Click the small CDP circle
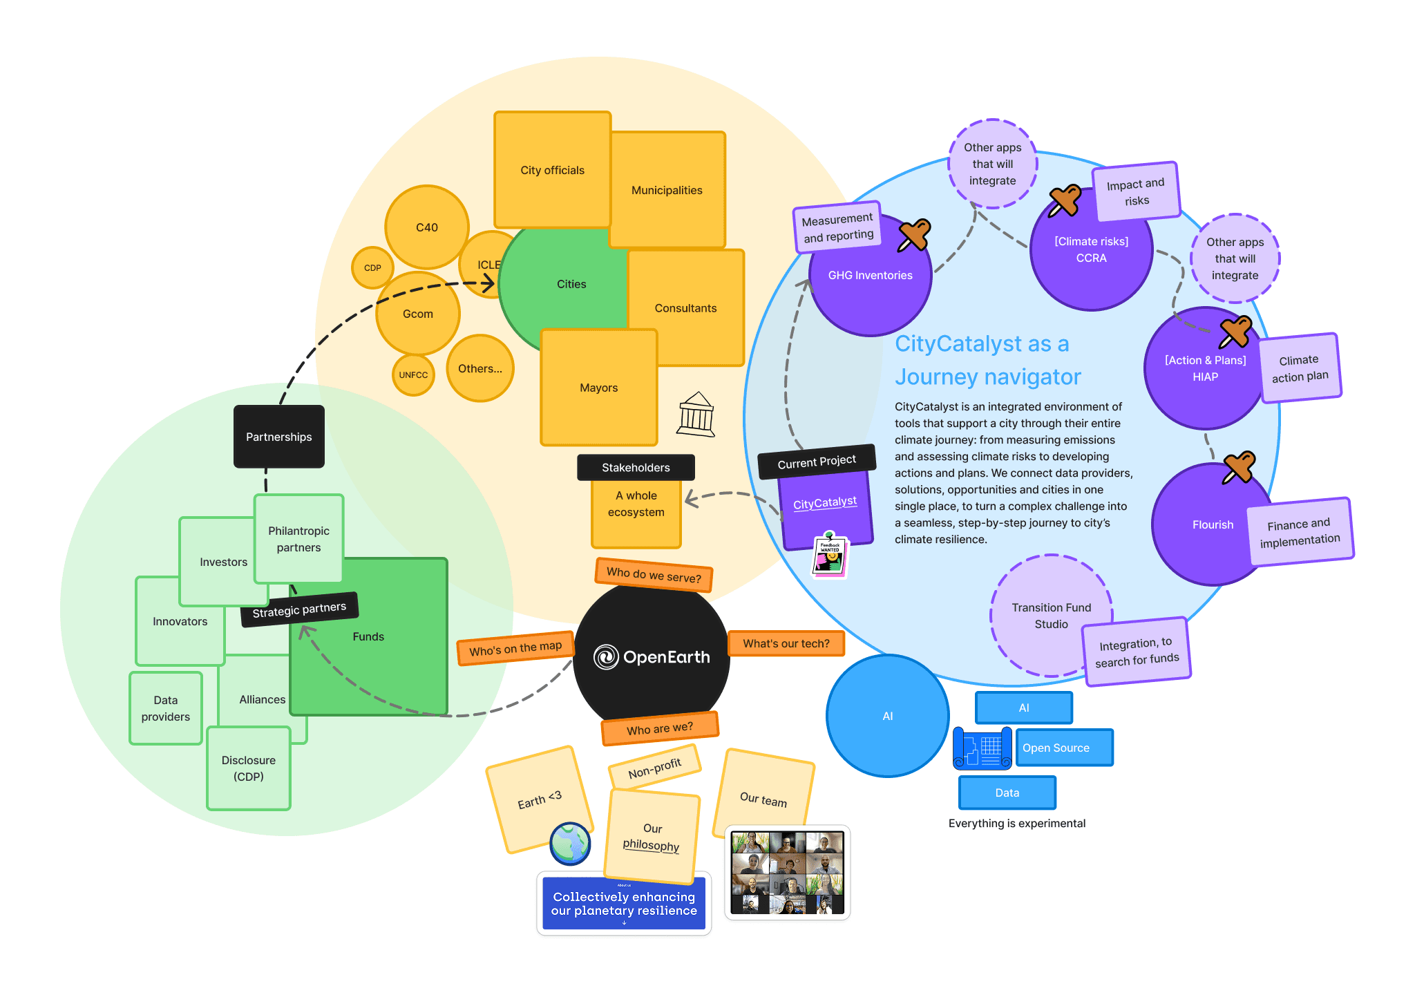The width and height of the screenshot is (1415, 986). click(x=372, y=267)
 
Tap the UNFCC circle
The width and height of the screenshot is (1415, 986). click(x=413, y=375)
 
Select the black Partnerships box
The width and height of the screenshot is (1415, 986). click(x=279, y=437)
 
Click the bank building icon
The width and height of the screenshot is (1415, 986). click(x=696, y=415)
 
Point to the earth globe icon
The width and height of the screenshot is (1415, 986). click(x=570, y=844)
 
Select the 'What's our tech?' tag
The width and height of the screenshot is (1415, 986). click(x=786, y=643)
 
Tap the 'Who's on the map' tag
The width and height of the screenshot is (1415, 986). click(x=515, y=649)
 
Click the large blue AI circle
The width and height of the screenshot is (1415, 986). click(x=888, y=716)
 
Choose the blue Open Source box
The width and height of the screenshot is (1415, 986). click(x=1064, y=748)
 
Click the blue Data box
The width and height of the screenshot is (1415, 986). click(x=1007, y=793)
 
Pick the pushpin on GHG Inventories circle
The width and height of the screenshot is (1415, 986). click(x=915, y=236)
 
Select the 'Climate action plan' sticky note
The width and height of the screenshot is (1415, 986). click(x=1300, y=368)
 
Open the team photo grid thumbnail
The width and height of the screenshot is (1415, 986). click(x=787, y=872)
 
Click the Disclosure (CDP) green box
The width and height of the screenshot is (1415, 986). click(x=249, y=768)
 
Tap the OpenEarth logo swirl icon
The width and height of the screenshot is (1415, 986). click(x=606, y=657)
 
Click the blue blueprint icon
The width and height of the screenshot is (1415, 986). click(x=982, y=748)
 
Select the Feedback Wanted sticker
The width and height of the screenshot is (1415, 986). click(x=829, y=555)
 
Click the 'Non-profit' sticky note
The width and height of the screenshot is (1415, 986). click(x=655, y=768)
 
